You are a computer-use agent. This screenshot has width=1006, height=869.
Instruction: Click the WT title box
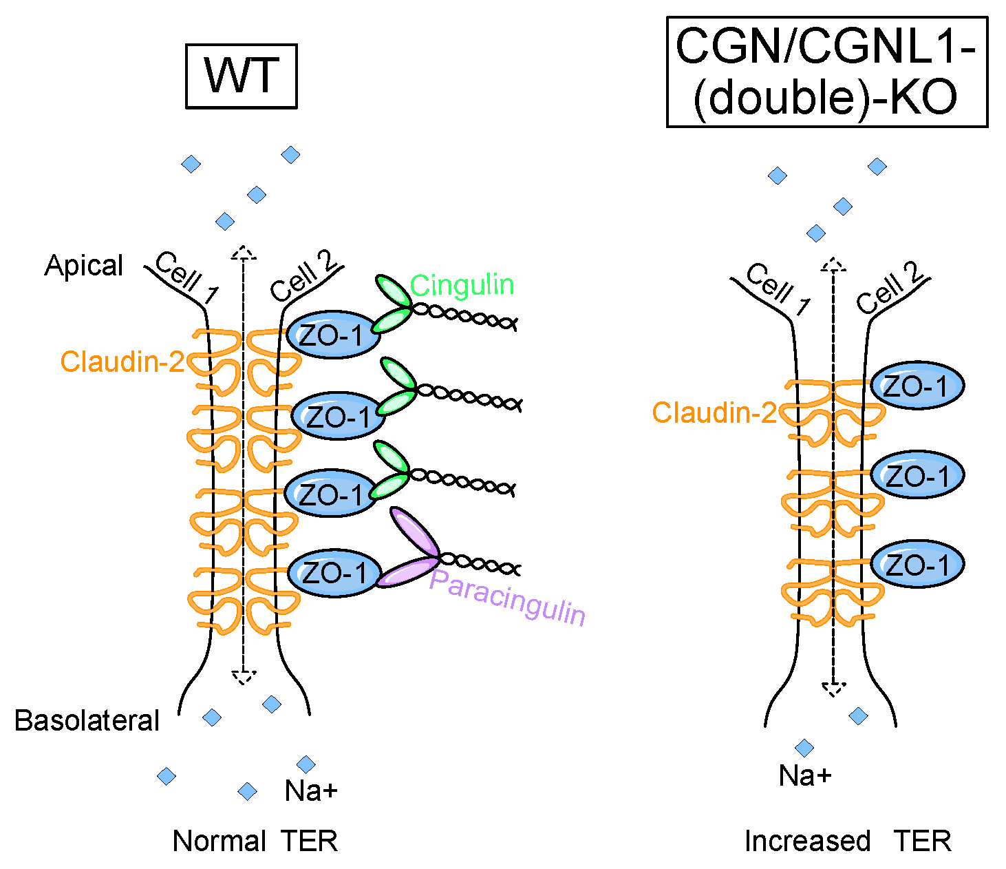pos(241,76)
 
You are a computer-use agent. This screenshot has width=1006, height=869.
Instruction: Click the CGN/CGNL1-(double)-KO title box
pos(826,72)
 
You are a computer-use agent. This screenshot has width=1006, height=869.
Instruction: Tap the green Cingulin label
pos(462,284)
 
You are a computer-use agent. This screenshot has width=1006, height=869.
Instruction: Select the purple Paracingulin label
pos(507,598)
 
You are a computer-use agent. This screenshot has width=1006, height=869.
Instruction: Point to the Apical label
pos(83,266)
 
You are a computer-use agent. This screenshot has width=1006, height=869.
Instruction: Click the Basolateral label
pos(87,720)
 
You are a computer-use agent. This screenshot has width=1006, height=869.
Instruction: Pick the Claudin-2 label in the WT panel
pos(122,362)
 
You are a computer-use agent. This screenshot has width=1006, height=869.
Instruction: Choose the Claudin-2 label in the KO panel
pos(714,412)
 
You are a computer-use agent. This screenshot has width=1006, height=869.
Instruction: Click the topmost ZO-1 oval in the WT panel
pos(332,335)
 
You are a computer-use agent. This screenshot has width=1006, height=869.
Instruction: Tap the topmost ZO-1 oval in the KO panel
pos(917,386)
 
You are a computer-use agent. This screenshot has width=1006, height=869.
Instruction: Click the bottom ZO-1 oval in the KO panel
pos(917,565)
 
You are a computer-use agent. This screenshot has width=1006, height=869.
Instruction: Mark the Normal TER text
pos(255,841)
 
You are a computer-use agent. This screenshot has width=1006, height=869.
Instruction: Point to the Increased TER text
pos(848,841)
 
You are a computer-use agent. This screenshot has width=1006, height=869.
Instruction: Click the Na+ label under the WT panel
pos(311,791)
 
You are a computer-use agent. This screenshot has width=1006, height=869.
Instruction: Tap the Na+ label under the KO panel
pos(805,776)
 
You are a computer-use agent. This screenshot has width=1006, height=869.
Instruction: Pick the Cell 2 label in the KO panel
pos(890,289)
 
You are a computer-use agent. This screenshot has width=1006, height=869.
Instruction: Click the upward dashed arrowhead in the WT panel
pos(243,252)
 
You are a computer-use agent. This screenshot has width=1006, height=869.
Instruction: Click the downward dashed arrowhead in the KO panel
pos(833,689)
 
